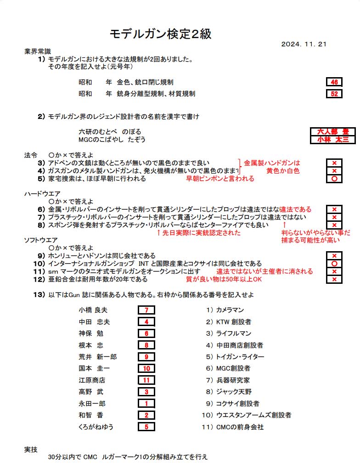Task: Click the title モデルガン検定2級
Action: (161, 34)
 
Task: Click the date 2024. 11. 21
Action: (304, 44)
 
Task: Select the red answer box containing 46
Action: (334, 82)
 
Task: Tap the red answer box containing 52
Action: (334, 94)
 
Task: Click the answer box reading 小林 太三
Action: (333, 140)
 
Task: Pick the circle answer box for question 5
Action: (334, 179)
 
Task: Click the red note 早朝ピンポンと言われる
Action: (220, 179)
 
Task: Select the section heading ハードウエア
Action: (42, 193)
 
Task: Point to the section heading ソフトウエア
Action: (41, 240)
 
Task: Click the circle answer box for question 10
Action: (334, 264)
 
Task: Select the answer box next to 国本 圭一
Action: (146, 368)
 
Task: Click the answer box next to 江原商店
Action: (146, 380)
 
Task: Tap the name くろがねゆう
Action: (96, 427)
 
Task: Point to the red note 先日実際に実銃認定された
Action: (198, 233)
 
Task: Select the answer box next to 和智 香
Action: (146, 415)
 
